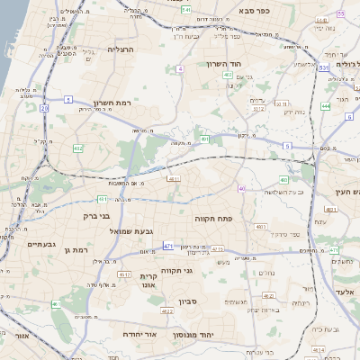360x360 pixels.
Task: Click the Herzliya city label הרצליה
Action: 120,49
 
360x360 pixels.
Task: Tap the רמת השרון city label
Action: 112,103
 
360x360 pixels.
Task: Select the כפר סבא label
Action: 258,13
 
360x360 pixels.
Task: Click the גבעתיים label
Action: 41,245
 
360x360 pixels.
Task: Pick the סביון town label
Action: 186,301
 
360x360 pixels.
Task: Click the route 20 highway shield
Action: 44,108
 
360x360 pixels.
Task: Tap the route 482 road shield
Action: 78,148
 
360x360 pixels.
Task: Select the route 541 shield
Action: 185,9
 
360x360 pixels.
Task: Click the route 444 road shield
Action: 325,106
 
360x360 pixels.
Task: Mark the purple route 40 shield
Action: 241,188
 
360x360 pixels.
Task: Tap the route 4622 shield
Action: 166,311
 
